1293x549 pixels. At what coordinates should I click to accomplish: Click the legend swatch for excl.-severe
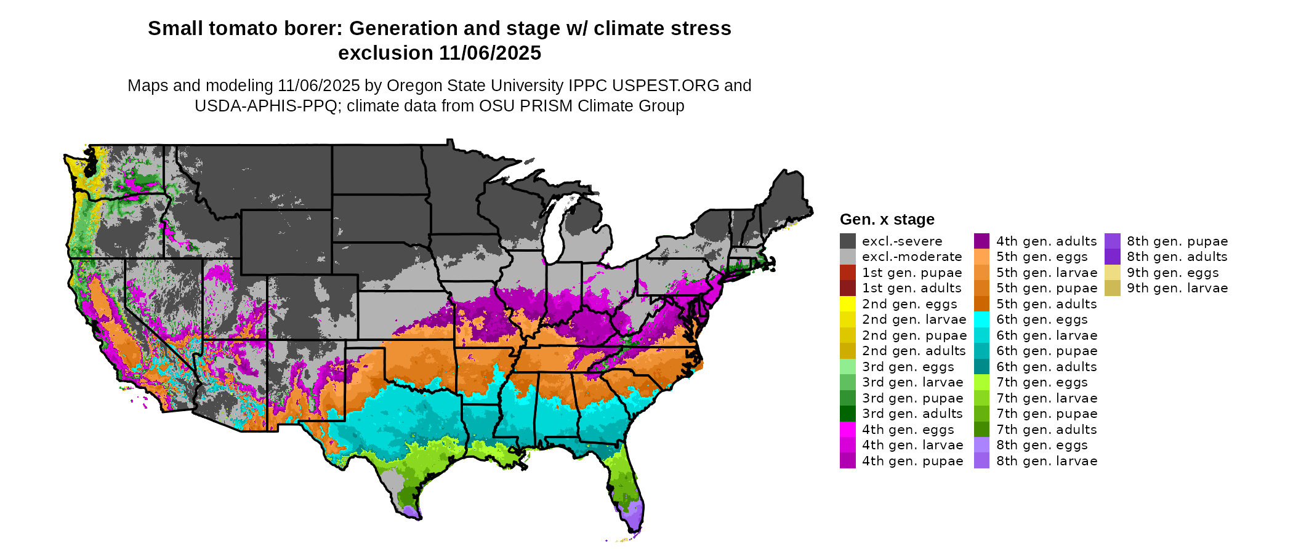[x=847, y=241]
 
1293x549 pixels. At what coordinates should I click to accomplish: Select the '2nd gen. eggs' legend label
[x=909, y=304]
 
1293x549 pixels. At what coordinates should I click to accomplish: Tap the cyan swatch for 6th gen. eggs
[x=981, y=319]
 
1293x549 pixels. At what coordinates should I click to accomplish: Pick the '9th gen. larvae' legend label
[x=1177, y=288]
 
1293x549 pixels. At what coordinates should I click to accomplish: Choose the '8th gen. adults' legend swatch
[x=1112, y=257]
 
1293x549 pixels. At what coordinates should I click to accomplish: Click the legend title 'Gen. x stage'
[x=887, y=220]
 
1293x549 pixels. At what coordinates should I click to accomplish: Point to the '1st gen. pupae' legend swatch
[x=847, y=273]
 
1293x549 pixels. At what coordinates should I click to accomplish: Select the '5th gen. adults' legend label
[x=1047, y=304]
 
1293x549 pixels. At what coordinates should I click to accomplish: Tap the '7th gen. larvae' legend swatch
[x=981, y=398]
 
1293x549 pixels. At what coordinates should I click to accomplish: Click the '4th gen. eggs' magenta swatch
[x=847, y=430]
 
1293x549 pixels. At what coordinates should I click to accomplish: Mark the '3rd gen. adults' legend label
[x=912, y=414]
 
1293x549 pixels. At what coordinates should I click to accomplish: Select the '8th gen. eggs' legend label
[x=1042, y=445]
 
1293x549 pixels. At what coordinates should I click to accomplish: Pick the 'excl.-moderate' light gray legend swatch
[x=847, y=257]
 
